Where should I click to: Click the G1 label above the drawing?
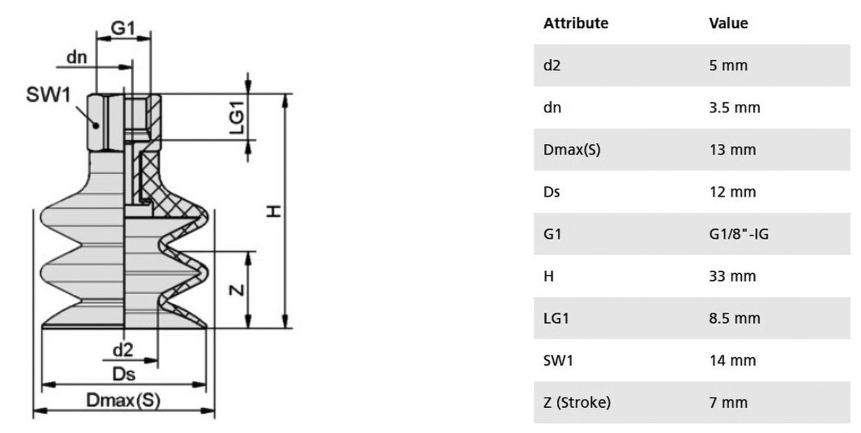click(122, 28)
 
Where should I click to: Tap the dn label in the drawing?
click(77, 57)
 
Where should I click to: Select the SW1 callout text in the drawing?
click(49, 95)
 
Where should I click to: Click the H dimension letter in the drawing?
click(274, 210)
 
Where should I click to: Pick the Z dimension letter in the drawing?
click(237, 289)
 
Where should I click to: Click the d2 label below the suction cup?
click(122, 350)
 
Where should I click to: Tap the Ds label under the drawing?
click(124, 374)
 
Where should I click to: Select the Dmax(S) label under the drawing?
click(123, 400)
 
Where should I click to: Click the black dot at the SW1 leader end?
click(96, 125)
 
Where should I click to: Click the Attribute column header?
click(576, 23)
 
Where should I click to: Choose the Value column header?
click(728, 23)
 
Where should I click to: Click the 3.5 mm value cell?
click(735, 108)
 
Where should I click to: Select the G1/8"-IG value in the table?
click(739, 234)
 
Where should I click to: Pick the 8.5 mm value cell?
click(735, 318)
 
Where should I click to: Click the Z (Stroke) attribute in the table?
click(577, 402)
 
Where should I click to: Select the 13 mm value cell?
click(732, 150)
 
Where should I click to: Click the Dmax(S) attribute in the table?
click(572, 150)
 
